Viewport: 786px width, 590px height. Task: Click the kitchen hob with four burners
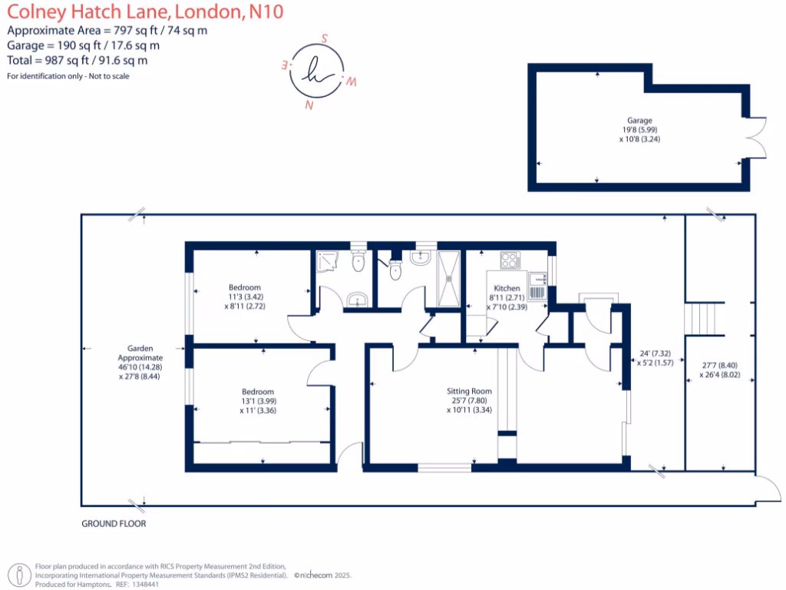510,260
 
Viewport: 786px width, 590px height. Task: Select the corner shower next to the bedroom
328,262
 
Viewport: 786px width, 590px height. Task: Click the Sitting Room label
469,390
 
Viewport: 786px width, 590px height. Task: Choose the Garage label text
639,121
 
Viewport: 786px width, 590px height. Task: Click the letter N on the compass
309,105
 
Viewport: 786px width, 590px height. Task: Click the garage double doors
756,138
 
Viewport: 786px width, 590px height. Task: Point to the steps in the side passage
705,318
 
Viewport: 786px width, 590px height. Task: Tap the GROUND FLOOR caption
114,524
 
